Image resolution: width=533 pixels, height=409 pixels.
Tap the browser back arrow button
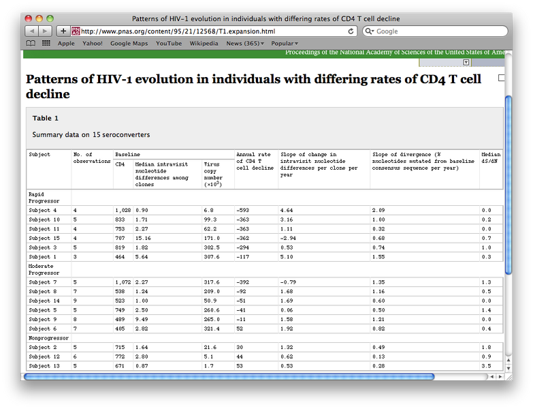point(31,31)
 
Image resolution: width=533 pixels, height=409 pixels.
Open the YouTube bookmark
point(169,44)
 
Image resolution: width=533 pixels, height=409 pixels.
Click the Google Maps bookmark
point(129,44)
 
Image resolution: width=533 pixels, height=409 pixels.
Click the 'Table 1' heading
point(46,118)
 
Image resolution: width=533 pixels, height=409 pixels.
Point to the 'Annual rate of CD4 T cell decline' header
point(255,161)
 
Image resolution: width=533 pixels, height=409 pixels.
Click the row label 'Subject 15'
point(44,238)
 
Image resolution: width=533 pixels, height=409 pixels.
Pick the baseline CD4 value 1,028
point(123,211)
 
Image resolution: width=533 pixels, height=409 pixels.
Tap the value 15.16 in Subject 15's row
point(143,238)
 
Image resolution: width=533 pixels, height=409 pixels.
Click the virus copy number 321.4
point(212,329)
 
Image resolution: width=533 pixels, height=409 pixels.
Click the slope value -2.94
point(289,238)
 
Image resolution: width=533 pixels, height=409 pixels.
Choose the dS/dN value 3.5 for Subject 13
point(487,366)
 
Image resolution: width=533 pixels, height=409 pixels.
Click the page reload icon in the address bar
point(351,31)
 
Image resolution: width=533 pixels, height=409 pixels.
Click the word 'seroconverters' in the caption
point(123,135)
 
